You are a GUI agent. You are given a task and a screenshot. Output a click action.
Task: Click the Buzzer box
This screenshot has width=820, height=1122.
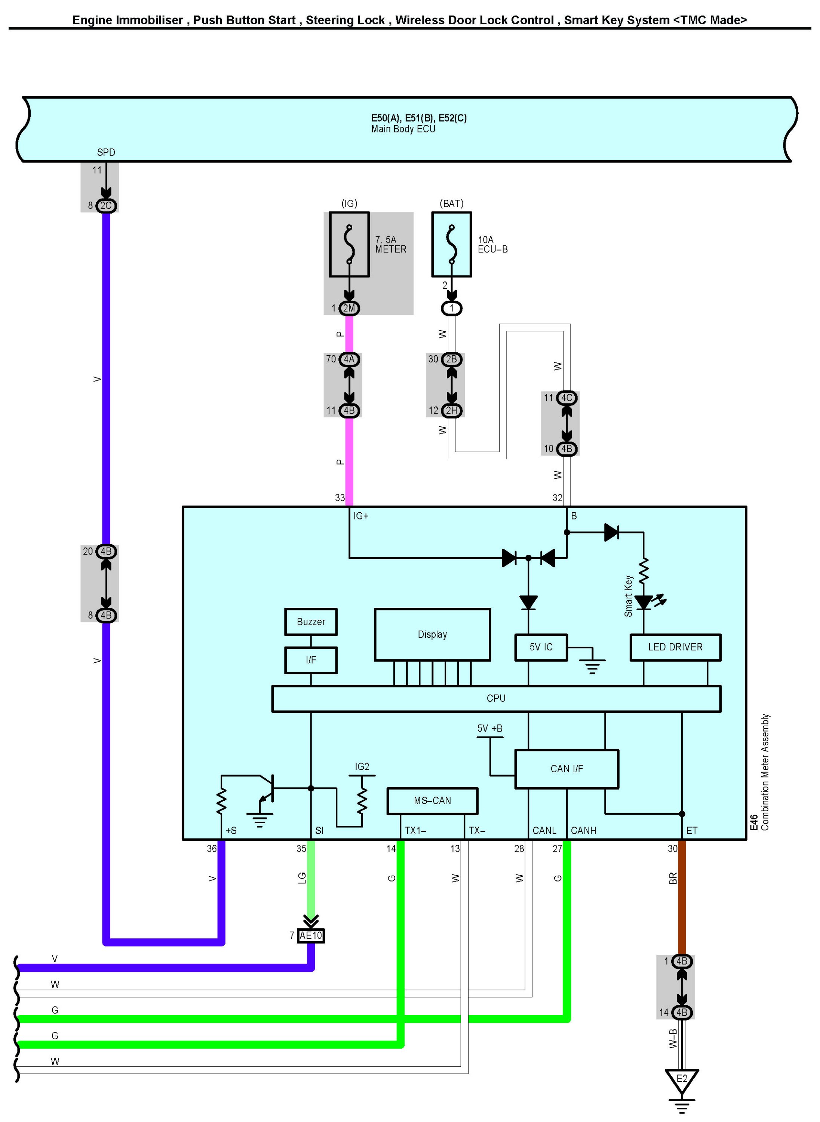311,622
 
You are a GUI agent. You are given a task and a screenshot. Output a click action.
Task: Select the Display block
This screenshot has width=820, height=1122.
432,634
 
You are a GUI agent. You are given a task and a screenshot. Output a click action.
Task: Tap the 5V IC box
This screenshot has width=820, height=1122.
541,647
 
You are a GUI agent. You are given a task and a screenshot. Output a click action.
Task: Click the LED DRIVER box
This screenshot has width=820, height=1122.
675,647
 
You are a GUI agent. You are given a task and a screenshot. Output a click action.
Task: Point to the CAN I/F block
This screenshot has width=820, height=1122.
566,769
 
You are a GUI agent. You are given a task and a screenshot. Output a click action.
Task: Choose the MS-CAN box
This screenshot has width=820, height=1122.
432,800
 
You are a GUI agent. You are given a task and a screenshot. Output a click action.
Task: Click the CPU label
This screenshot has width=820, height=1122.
496,698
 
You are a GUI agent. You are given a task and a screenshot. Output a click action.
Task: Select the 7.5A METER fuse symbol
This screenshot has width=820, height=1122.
350,244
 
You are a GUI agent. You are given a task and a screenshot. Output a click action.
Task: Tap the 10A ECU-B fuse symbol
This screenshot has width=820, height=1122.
451,244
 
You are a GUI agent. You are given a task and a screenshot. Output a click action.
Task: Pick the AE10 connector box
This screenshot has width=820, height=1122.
311,935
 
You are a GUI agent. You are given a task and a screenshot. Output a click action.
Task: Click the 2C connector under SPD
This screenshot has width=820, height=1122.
106,205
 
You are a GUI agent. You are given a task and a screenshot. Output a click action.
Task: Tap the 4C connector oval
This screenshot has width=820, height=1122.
566,398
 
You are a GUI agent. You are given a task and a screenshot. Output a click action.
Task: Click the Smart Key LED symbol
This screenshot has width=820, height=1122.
644,602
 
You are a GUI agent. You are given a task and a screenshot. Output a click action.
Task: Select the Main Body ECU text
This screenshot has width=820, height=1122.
403,129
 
